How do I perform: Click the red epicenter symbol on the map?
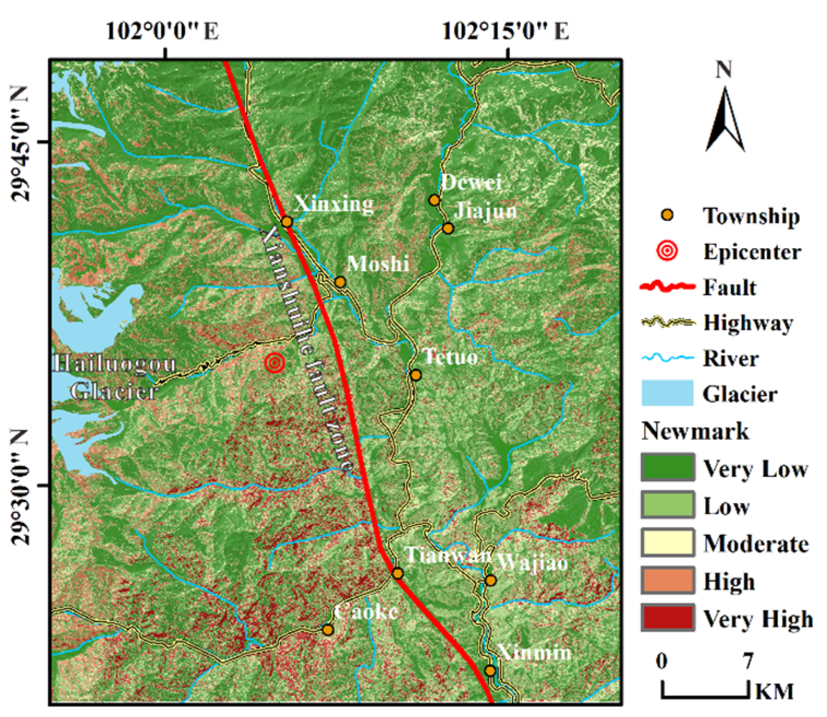coord(274,363)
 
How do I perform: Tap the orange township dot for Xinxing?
coord(287,221)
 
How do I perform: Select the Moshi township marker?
coord(340,282)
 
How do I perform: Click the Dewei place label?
coord(471,182)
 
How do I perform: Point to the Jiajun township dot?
coord(448,228)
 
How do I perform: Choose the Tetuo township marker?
coord(415,375)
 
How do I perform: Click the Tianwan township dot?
coord(397,573)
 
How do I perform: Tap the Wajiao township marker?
coord(490,580)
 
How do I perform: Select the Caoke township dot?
coord(327,629)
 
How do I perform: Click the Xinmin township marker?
coord(490,671)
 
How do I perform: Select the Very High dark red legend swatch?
coord(668,618)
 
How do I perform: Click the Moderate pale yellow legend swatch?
coord(668,543)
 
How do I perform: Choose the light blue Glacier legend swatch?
coord(667,393)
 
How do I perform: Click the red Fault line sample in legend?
coord(667,287)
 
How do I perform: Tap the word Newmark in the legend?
coord(695,431)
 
